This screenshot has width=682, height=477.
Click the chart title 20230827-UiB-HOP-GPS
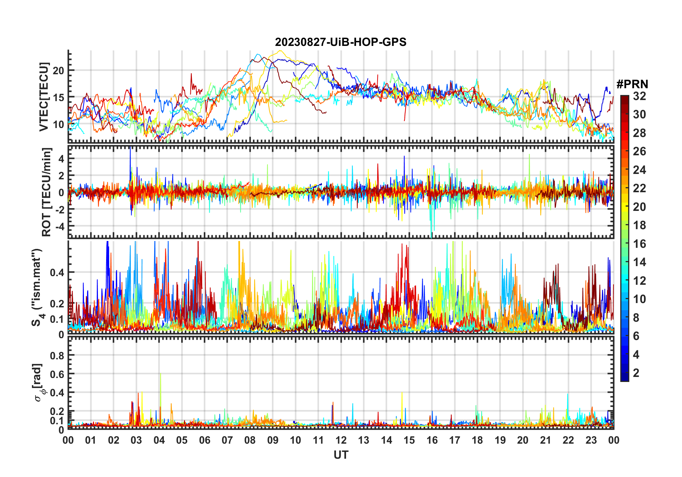(341, 42)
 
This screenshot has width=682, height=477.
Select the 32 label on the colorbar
(639, 96)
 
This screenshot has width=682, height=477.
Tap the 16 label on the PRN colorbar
(639, 244)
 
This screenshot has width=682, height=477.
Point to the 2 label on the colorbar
(636, 373)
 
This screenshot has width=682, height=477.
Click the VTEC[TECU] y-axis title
(44, 97)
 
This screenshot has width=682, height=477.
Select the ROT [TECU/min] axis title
(46, 192)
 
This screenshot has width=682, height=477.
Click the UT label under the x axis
(341, 455)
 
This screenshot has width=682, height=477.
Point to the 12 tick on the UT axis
(341, 440)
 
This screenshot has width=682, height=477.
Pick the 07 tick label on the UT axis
(227, 440)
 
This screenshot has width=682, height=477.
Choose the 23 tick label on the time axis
(591, 440)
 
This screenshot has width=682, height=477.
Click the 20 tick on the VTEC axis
(58, 71)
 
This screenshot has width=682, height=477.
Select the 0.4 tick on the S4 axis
(57, 273)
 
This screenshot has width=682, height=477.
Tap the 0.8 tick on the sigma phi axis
(57, 355)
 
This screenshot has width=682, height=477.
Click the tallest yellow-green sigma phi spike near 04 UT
(160, 374)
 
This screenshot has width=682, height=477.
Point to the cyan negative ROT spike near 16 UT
(431, 235)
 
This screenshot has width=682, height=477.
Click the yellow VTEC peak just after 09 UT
(280, 51)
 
